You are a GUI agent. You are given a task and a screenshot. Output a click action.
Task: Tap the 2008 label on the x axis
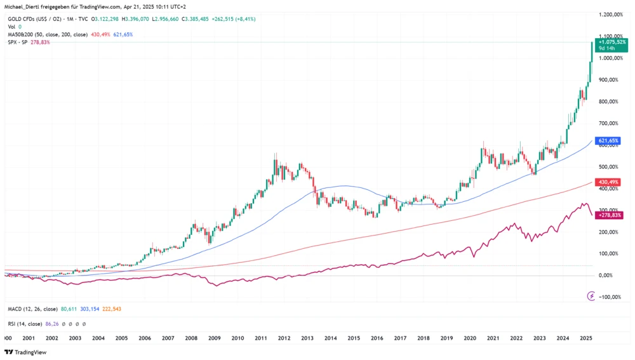coord(191,339)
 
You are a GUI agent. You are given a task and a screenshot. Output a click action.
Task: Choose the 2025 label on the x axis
coord(587,339)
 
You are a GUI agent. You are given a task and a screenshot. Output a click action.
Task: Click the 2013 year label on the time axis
coord(307,339)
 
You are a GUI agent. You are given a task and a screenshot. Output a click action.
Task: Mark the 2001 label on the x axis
coord(29,339)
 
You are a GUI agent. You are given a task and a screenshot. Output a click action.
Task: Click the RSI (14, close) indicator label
coord(25,324)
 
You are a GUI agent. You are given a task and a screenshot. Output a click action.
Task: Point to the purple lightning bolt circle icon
coord(591,296)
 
